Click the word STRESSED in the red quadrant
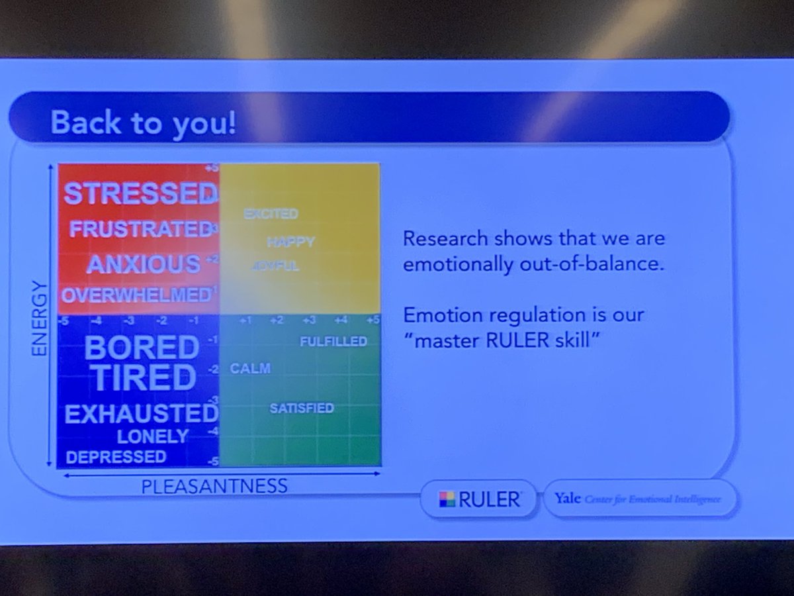point(140,193)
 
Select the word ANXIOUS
point(144,264)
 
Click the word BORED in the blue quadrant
point(142,348)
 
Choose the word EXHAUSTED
point(141,414)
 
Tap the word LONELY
point(153,436)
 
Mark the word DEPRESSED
point(116,456)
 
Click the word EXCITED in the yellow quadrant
point(271,214)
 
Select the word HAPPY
point(290,242)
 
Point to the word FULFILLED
point(333,342)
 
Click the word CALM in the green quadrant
point(250,369)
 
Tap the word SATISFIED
point(302,408)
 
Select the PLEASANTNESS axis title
point(214,487)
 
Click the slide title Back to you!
point(143,124)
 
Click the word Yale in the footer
point(566,499)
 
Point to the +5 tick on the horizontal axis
point(373,321)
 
